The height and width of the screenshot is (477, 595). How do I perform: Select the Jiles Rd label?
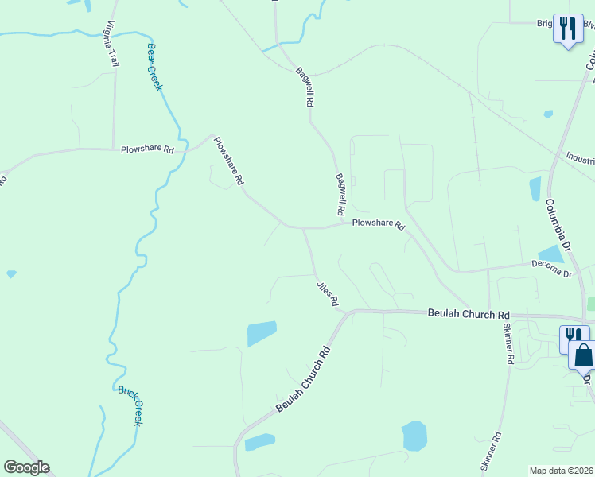click(327, 293)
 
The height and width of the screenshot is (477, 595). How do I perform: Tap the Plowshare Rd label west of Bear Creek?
click(147, 149)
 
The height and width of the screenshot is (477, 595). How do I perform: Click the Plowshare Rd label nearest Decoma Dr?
click(379, 225)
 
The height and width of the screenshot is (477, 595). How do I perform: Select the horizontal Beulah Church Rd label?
click(469, 314)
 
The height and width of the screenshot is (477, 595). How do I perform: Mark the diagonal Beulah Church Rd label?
click(303, 378)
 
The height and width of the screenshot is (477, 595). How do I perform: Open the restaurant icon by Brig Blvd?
click(567, 29)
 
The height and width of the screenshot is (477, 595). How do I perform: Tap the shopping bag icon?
click(583, 355)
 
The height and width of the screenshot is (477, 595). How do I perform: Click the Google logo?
click(26, 467)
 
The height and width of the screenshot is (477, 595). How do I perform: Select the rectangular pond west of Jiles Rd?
click(262, 333)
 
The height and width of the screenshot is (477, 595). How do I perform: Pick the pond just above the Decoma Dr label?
click(550, 254)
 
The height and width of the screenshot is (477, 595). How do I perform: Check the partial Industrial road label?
click(579, 159)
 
